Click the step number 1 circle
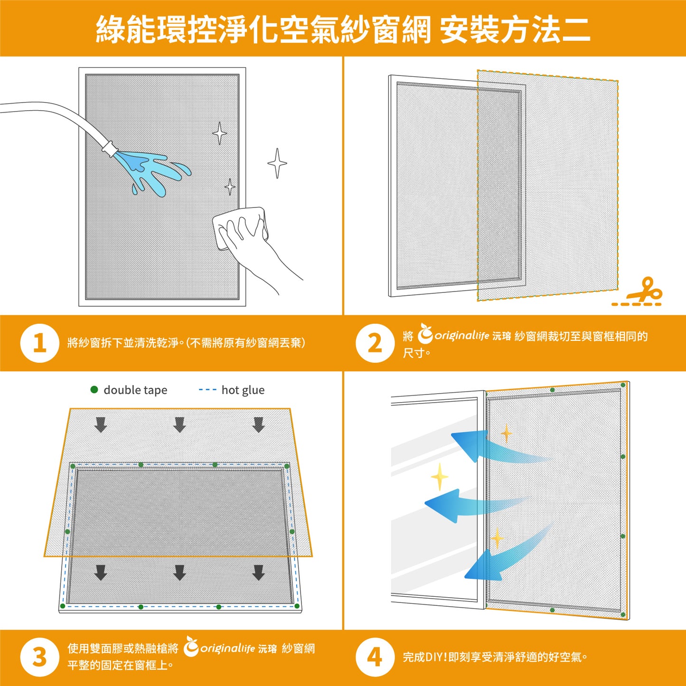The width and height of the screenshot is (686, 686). (x=40, y=343)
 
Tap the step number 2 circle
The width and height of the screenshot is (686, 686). (x=375, y=343)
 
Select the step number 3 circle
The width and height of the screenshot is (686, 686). (x=40, y=658)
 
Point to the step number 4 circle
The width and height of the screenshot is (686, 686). (x=375, y=658)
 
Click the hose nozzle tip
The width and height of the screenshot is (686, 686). (x=110, y=148)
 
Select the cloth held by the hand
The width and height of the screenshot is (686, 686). (x=240, y=228)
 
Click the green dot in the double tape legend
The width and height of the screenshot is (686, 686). (x=94, y=390)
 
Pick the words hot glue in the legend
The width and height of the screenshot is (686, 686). (x=243, y=390)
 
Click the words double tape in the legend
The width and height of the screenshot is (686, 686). (x=135, y=390)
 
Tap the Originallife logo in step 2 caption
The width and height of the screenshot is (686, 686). (x=453, y=335)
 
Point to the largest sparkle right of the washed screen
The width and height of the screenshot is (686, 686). (x=277, y=163)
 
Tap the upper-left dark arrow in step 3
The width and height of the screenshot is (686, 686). (x=100, y=424)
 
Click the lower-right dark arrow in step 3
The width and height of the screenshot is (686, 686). (x=258, y=572)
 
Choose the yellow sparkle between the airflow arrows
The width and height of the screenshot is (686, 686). (x=440, y=476)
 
